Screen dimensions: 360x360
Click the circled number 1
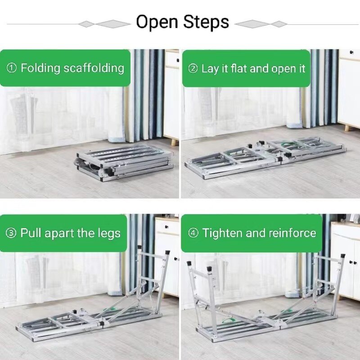(x=12, y=68)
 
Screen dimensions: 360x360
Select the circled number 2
(x=193, y=68)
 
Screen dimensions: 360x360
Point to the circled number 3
(x=11, y=233)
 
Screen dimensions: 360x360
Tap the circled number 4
(x=193, y=233)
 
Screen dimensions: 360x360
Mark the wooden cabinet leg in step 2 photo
(x=347, y=128)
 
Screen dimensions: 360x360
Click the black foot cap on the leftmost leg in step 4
(x=189, y=263)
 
